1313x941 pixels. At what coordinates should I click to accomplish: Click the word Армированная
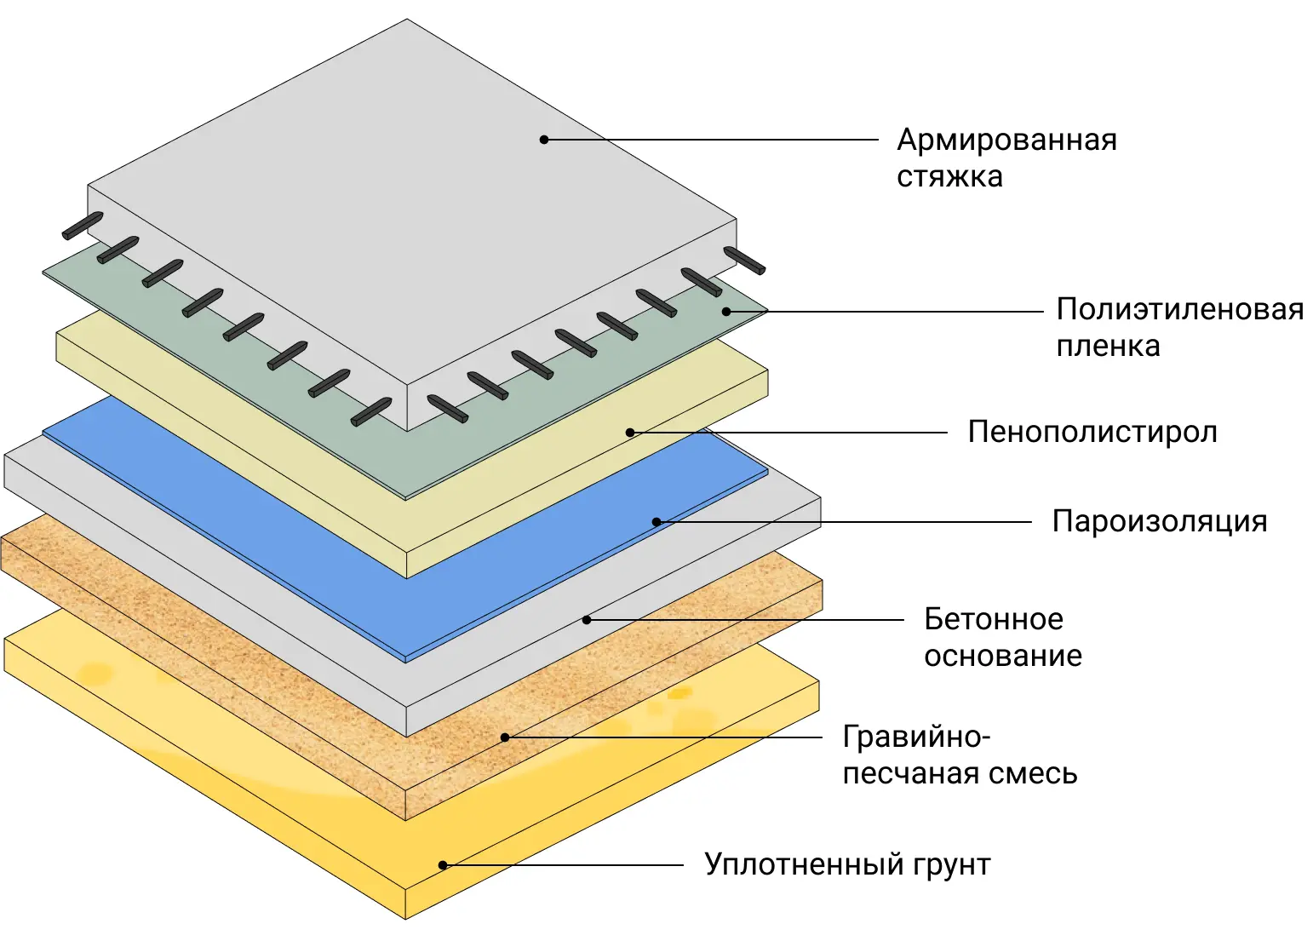point(1006,140)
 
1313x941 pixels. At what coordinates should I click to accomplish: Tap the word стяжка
point(949,177)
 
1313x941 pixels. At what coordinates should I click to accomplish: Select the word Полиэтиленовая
point(1179,309)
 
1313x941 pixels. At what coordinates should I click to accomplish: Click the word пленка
point(1108,347)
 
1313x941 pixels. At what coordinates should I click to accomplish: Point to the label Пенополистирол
point(1092,433)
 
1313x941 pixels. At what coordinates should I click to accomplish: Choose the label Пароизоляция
point(1160,521)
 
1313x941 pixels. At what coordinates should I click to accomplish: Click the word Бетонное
point(994,619)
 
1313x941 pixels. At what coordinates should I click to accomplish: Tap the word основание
point(1003,656)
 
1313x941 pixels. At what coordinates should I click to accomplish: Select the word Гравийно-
point(916,737)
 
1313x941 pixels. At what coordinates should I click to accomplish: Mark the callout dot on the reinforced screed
point(544,140)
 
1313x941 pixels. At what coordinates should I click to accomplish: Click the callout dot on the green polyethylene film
point(726,312)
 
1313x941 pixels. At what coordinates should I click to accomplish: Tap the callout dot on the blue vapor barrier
point(656,522)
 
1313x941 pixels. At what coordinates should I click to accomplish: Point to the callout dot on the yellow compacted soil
point(443,865)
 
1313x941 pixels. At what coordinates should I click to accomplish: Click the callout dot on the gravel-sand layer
point(505,737)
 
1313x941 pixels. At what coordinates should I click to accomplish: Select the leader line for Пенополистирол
point(792,433)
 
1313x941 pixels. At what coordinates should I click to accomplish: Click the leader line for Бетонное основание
point(749,620)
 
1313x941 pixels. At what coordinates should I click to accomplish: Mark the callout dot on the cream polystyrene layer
point(630,433)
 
